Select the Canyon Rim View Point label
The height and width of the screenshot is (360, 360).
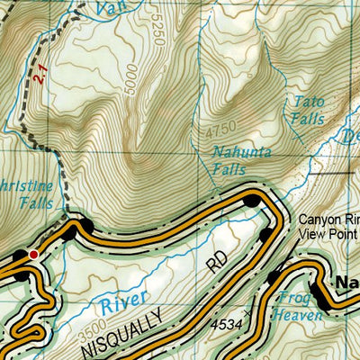click(x=328, y=222)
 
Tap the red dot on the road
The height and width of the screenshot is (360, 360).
click(x=34, y=255)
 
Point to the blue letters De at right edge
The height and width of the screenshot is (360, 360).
click(x=351, y=137)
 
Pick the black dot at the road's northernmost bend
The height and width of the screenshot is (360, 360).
click(x=251, y=199)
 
